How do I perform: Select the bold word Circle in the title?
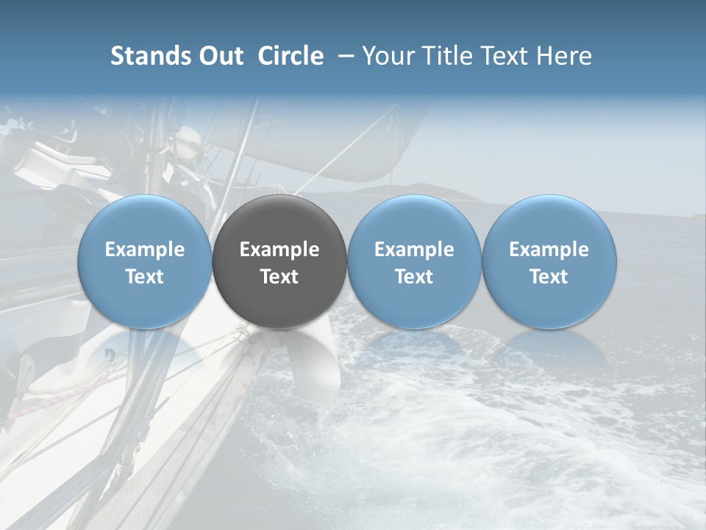point(290,56)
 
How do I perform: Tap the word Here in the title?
point(564,56)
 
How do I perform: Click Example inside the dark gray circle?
point(279,250)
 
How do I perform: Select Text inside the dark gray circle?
point(279,277)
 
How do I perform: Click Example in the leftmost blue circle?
point(145,250)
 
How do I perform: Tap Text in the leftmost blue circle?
point(145,277)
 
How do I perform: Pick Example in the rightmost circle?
point(549,250)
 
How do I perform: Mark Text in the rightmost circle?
point(549,277)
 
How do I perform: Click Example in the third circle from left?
point(414,250)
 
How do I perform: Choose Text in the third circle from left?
point(414,277)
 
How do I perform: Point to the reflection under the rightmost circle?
point(549,350)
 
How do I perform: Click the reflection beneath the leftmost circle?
point(145,350)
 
